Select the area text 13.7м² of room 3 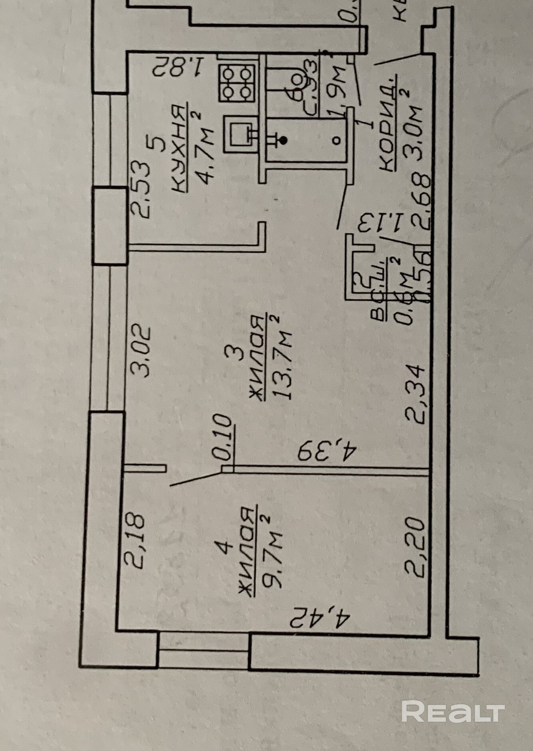[282, 358]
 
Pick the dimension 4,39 [327, 451]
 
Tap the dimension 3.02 [141, 352]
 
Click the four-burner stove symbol [237, 83]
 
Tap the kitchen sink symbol [240, 134]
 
